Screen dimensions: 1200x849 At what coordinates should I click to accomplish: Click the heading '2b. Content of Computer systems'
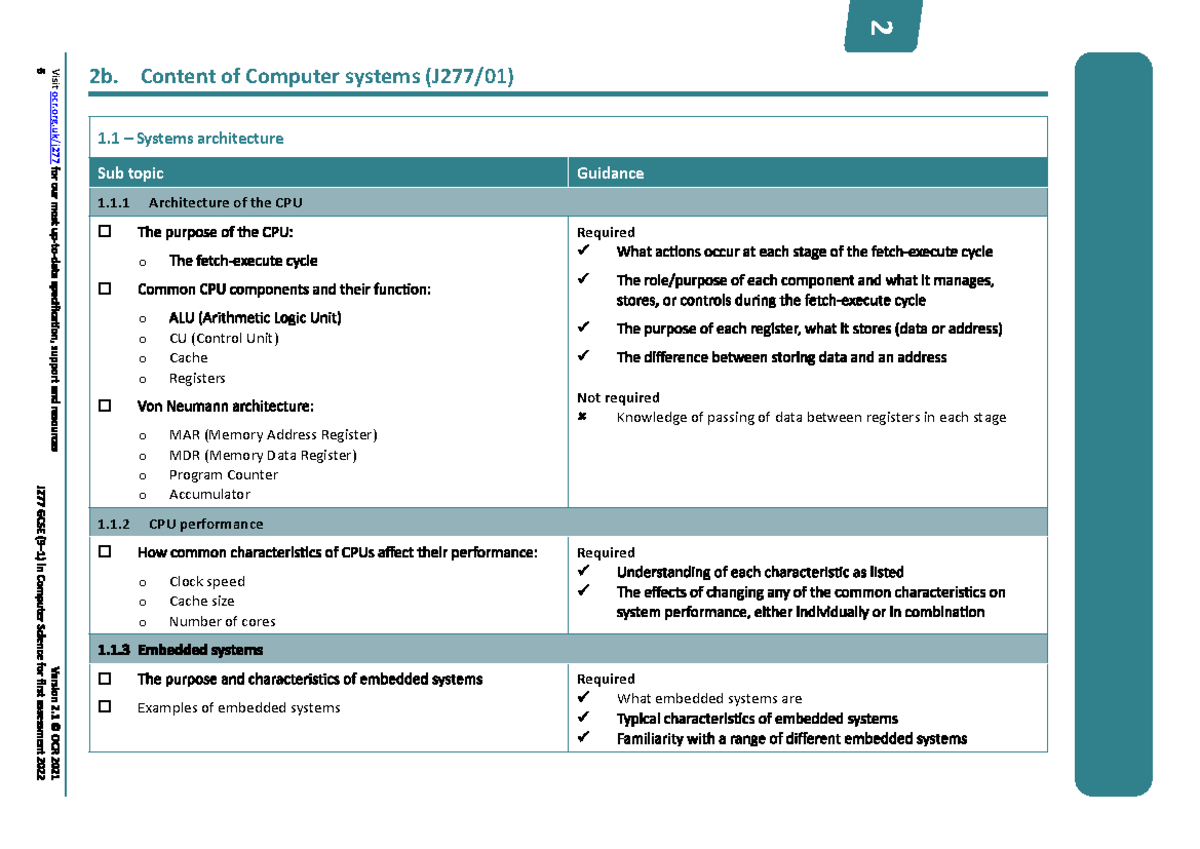tap(301, 77)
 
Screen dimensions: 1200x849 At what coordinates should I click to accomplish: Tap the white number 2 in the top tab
tap(881, 28)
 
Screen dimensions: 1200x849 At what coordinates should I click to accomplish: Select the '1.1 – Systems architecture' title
tap(190, 138)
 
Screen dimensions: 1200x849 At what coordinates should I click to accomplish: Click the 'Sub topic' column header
tap(130, 173)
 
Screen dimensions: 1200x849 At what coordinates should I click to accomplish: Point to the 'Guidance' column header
tap(610, 173)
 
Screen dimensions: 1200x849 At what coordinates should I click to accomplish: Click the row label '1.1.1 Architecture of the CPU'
tap(200, 202)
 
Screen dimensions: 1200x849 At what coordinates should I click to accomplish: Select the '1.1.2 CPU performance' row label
tap(181, 523)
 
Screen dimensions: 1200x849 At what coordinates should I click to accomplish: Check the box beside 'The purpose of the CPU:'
tap(105, 232)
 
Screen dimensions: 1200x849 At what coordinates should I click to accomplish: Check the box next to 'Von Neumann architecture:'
tap(105, 406)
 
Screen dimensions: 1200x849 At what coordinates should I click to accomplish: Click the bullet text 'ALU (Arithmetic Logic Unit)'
tap(255, 318)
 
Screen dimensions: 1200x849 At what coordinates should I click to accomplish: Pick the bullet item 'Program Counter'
tap(223, 475)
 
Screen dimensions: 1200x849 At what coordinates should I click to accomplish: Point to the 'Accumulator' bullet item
tap(209, 494)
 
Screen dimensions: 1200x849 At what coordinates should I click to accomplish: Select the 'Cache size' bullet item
tap(201, 601)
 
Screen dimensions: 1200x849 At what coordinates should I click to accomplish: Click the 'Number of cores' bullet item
tap(222, 621)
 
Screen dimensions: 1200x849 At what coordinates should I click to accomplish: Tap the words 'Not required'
tap(618, 397)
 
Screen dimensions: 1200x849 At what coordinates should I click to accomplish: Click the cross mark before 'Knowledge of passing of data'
tap(583, 417)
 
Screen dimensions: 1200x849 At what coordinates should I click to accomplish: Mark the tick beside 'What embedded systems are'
tap(584, 698)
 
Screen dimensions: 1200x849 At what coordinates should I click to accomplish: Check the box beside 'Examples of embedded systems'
tap(105, 708)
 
